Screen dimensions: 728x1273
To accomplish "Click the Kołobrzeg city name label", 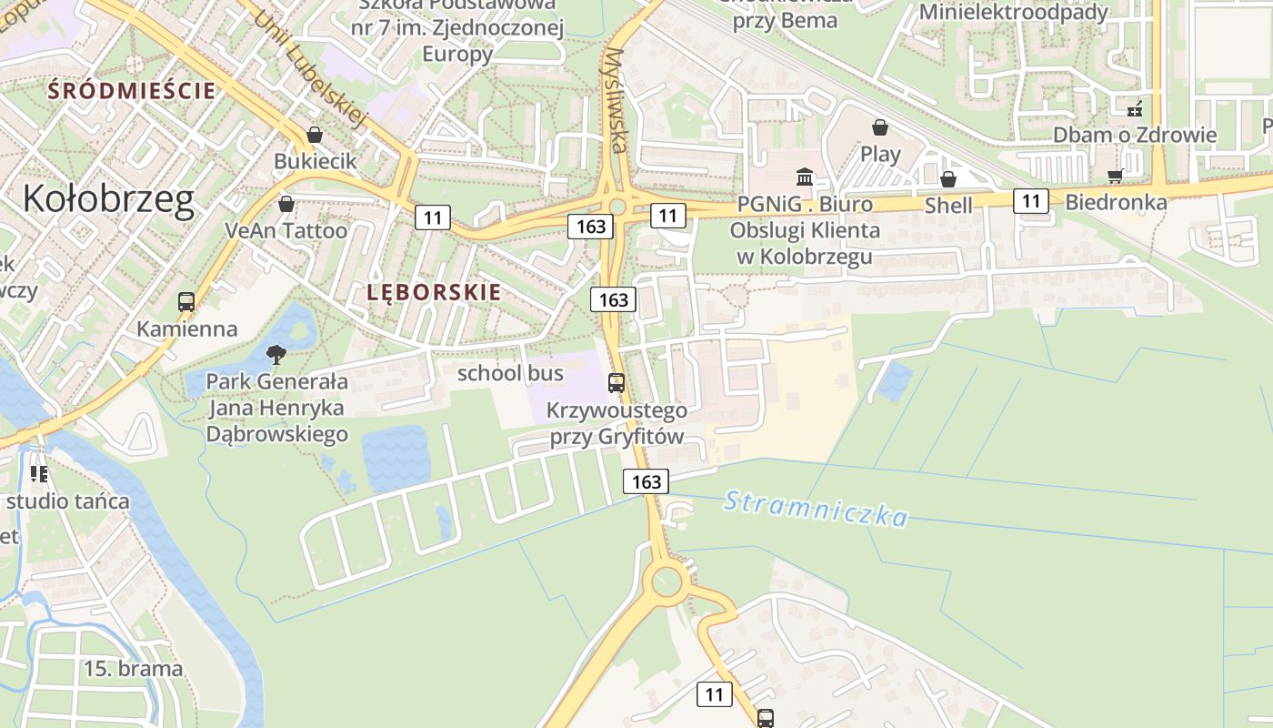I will pyautogui.click(x=108, y=199).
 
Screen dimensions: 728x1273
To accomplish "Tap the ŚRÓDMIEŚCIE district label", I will pyautogui.click(x=132, y=90).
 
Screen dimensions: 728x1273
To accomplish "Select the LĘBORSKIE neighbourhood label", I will pyautogui.click(x=434, y=292).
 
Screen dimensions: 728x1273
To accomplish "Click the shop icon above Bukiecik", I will pyautogui.click(x=315, y=135).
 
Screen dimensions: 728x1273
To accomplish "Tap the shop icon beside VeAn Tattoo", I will pyautogui.click(x=286, y=204).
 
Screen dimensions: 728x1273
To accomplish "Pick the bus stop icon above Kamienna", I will pyautogui.click(x=186, y=301).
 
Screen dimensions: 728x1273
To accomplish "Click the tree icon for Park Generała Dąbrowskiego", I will pyautogui.click(x=276, y=354).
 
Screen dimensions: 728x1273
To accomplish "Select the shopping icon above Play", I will pyautogui.click(x=879, y=126).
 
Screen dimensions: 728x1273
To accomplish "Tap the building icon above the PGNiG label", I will pyautogui.click(x=805, y=177).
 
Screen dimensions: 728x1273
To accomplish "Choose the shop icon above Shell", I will pyautogui.click(x=947, y=179).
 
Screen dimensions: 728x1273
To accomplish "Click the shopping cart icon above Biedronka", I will pyautogui.click(x=1116, y=176).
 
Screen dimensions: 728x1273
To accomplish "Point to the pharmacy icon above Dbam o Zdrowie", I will pyautogui.click(x=1134, y=109).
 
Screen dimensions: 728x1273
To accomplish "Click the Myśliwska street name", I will pyautogui.click(x=616, y=99).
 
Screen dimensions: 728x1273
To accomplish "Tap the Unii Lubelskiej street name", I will pyautogui.click(x=310, y=68).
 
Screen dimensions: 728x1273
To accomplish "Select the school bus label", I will pyautogui.click(x=510, y=373).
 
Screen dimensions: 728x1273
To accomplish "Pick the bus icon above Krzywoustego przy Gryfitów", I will pyautogui.click(x=616, y=383).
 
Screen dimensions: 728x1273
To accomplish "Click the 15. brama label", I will pyautogui.click(x=133, y=669).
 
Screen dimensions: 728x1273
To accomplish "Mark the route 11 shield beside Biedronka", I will pyautogui.click(x=1031, y=200).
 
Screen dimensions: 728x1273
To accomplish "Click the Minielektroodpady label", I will pyautogui.click(x=1014, y=12).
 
